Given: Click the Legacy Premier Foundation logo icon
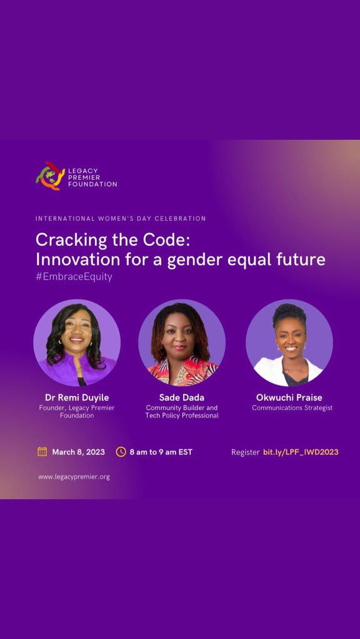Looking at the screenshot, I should point(50,176).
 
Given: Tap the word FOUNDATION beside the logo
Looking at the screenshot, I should point(93,184).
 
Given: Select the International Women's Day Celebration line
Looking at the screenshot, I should point(121,219).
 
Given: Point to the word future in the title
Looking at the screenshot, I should point(297,259).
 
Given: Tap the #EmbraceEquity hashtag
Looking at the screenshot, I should point(74,276).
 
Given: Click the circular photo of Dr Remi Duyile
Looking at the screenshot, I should point(77,343).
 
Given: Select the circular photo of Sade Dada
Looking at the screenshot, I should point(182,343).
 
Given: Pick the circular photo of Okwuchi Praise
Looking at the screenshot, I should point(289,343).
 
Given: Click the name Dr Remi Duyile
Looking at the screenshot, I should point(77,398).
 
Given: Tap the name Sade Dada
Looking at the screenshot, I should point(182,398).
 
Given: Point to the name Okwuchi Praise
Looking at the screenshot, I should point(289,398).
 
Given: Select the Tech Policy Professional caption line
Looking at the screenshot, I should point(182,416).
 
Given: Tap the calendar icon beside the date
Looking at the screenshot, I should point(42,452).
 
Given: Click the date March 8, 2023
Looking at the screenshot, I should point(78,452).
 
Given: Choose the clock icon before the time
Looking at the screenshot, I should point(121,452).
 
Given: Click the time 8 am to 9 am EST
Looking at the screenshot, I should point(161,452).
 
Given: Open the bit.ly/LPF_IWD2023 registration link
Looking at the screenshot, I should point(301,452).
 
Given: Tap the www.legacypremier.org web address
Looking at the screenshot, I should point(74,477).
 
